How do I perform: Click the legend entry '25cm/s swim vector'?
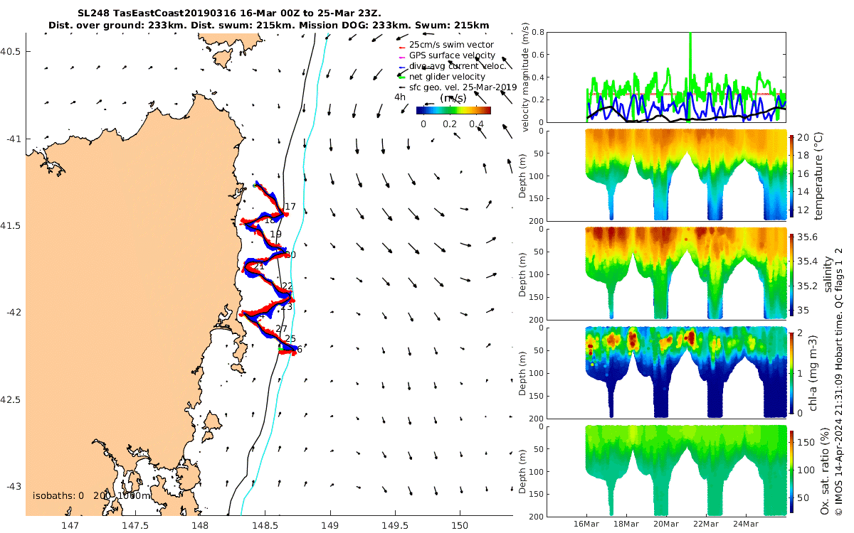(x=451, y=45)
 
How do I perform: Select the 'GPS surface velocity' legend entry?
(x=452, y=55)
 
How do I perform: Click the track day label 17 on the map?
(x=290, y=207)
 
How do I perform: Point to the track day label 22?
(x=287, y=286)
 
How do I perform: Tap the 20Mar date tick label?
(x=666, y=524)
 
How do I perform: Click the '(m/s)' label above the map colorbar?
(x=453, y=97)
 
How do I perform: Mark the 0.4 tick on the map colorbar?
(x=477, y=124)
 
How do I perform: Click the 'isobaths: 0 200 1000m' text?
(x=92, y=495)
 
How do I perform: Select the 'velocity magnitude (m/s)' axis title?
(x=527, y=78)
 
